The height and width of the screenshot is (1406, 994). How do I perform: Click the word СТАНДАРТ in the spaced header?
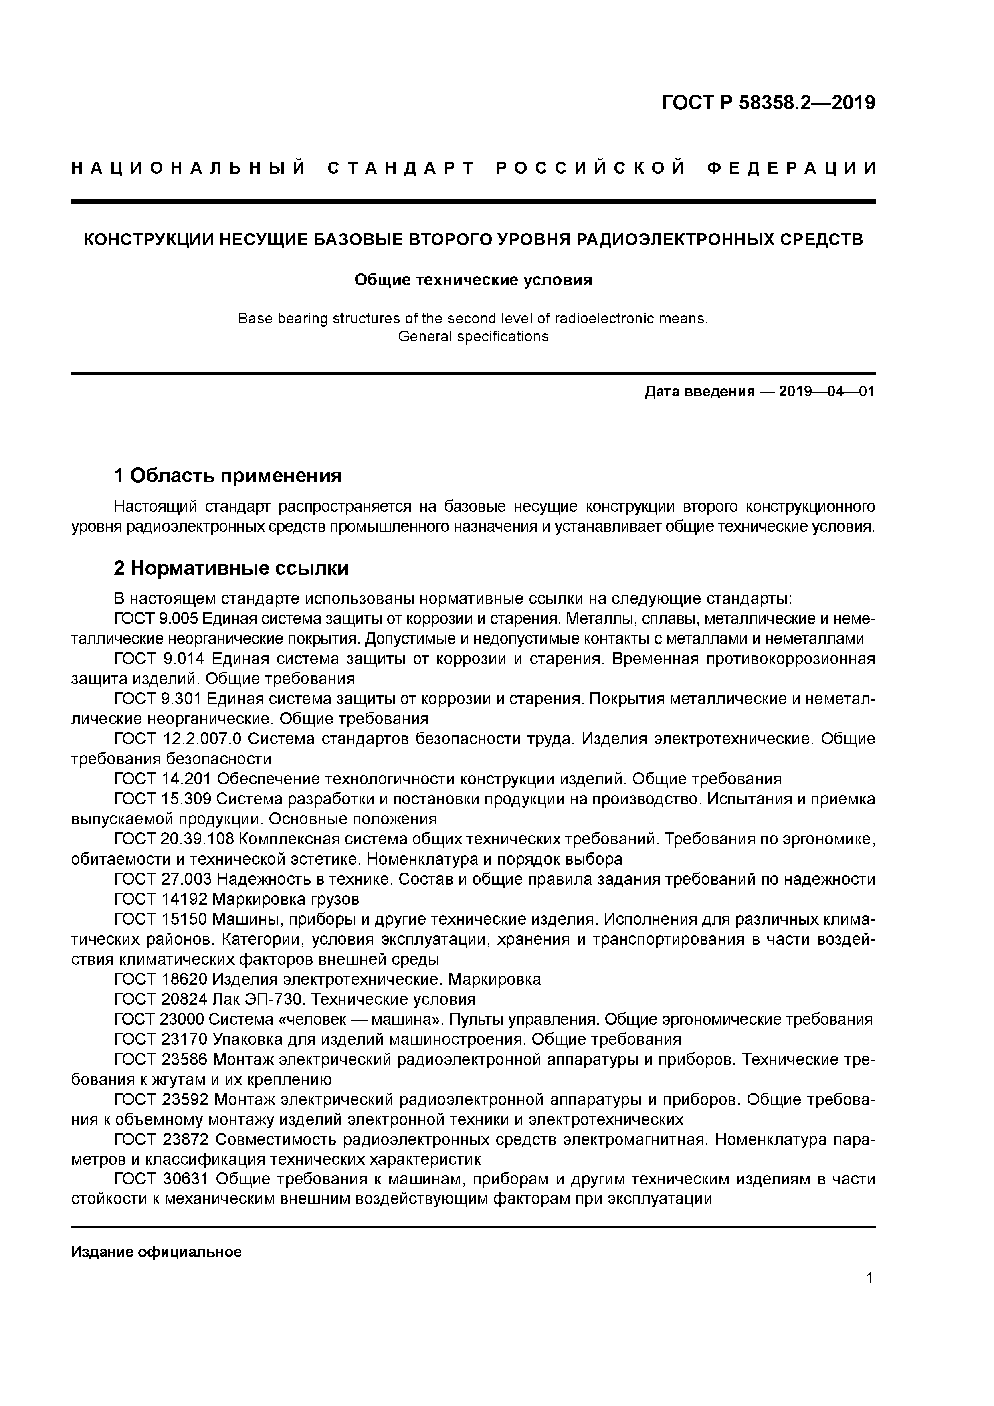pyautogui.click(x=402, y=168)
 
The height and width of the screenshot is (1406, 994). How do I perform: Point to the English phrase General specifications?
pyautogui.click(x=473, y=336)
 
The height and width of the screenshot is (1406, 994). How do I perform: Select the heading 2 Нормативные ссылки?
pyautogui.click(x=232, y=568)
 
